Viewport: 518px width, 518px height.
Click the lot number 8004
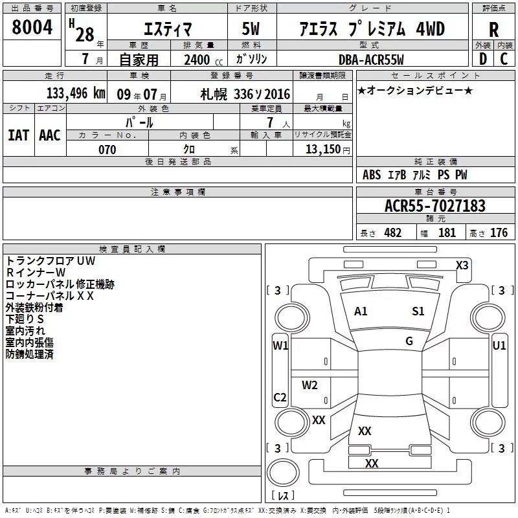click(x=32, y=27)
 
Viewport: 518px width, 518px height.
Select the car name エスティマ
click(x=168, y=29)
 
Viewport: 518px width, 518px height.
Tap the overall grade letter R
click(x=493, y=30)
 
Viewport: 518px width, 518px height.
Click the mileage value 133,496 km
click(x=76, y=93)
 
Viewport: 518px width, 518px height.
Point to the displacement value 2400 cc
click(x=203, y=60)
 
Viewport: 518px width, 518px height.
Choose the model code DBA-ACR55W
click(x=371, y=60)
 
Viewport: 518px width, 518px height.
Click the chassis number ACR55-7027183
click(x=435, y=206)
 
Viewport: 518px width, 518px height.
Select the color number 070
click(x=107, y=150)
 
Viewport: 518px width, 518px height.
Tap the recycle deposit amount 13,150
click(x=323, y=149)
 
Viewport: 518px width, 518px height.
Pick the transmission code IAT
click(x=19, y=135)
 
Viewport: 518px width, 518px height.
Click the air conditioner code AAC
click(x=50, y=135)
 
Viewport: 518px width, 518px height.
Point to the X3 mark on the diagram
click(x=462, y=265)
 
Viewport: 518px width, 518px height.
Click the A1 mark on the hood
click(x=361, y=311)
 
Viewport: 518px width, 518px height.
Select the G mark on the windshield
click(x=409, y=341)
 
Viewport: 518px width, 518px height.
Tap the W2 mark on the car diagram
click(x=310, y=385)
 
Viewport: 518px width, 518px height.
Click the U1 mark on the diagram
click(x=499, y=346)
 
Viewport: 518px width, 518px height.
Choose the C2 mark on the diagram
click(x=280, y=397)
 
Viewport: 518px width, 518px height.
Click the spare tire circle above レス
click(x=283, y=472)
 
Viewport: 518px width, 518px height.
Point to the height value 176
click(x=499, y=232)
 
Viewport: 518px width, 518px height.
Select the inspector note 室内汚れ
click(x=25, y=331)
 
